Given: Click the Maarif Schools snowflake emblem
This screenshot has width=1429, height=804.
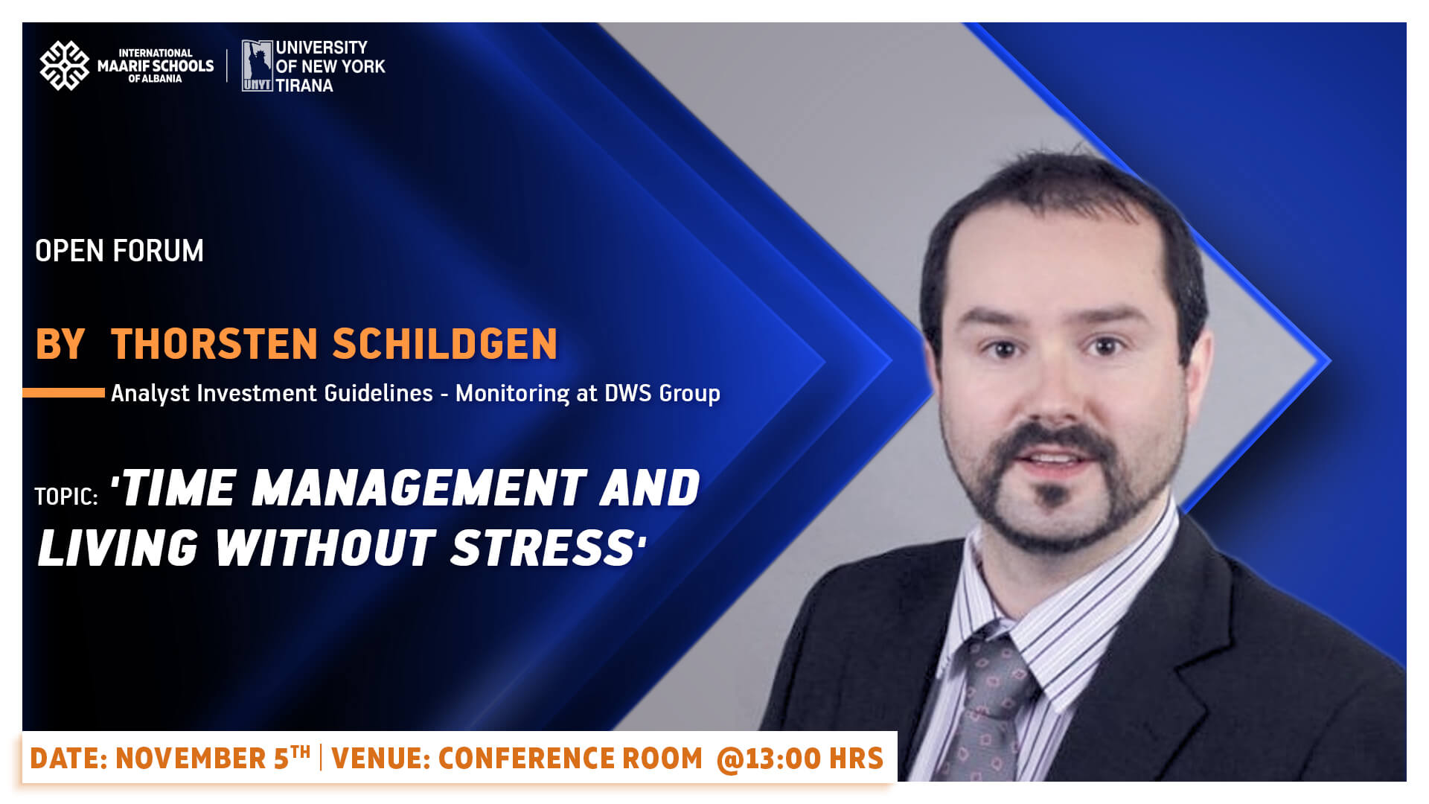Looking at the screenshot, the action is tap(64, 66).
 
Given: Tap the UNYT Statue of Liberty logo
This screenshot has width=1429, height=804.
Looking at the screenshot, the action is tap(257, 66).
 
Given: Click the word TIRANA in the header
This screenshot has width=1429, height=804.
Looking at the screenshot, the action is tap(304, 86).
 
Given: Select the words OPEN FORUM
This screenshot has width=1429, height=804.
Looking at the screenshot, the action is tap(119, 251).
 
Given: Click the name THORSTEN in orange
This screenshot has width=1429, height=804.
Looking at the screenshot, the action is tap(214, 344).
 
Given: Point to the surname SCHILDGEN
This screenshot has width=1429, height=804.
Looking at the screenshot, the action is tap(445, 344).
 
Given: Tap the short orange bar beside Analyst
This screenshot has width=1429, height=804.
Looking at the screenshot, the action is tap(63, 392).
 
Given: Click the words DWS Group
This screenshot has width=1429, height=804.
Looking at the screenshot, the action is tap(662, 393).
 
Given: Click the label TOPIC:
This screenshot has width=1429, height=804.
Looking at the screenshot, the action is tap(66, 497).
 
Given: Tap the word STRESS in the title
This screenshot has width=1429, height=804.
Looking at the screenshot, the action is tap(543, 548).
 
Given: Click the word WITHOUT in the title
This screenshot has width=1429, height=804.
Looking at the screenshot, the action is tap(325, 548).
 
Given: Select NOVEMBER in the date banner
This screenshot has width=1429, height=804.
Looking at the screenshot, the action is tap(191, 759).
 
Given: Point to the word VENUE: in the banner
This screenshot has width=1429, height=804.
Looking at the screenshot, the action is tap(380, 759).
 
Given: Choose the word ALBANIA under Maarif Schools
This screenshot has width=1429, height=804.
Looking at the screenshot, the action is tap(162, 79).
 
